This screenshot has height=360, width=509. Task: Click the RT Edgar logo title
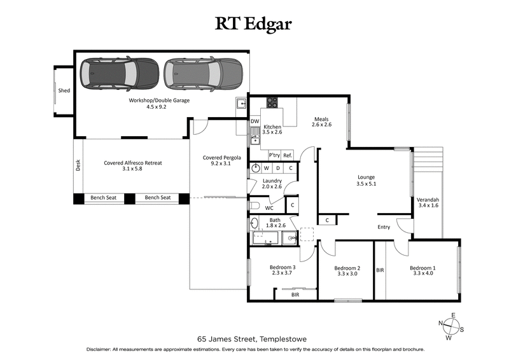[254, 24]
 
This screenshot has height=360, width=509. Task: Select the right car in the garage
[203, 74]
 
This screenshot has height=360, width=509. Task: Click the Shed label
[64, 91]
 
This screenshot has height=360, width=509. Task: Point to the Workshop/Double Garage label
[159, 100]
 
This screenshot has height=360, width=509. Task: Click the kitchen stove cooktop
[273, 102]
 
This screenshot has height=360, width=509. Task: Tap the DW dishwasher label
[254, 121]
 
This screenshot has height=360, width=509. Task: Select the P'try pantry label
[274, 155]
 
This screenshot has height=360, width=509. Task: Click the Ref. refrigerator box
[288, 155]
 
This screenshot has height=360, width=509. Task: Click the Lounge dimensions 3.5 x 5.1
[366, 184]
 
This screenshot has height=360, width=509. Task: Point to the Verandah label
[428, 200]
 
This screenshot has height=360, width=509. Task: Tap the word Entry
[384, 227]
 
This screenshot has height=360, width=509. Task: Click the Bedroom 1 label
[422, 268]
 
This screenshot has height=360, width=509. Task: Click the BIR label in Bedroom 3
[295, 295]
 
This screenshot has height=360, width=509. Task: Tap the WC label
[269, 207]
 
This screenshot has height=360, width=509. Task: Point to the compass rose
[451, 326]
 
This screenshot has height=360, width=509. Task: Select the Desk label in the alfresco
[78, 165]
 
